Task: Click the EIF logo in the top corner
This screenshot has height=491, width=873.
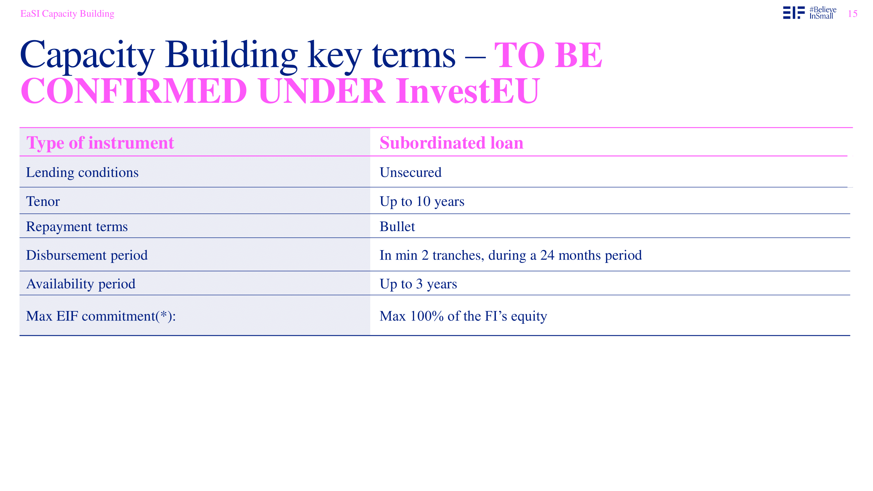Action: click(794, 12)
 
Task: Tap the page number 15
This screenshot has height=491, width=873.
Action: click(852, 13)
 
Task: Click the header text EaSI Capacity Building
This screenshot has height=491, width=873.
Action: click(67, 13)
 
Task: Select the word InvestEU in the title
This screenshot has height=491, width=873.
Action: click(468, 91)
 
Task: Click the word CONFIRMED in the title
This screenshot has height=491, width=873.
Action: click(134, 91)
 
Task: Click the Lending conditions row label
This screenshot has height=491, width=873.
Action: click(82, 173)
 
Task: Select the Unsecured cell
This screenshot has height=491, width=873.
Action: click(410, 172)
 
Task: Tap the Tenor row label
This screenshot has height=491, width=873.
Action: click(43, 201)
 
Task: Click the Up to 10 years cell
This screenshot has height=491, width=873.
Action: click(422, 202)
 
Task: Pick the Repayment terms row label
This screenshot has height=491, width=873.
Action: click(77, 227)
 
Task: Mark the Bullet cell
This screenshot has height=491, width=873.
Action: click(397, 227)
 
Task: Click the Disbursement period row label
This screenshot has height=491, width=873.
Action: click(87, 255)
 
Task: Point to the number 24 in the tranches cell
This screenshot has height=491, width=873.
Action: click(547, 255)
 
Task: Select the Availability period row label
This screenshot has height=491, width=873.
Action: click(81, 284)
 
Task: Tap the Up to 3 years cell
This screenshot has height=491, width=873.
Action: click(418, 284)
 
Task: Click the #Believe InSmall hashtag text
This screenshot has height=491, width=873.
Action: click(823, 13)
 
